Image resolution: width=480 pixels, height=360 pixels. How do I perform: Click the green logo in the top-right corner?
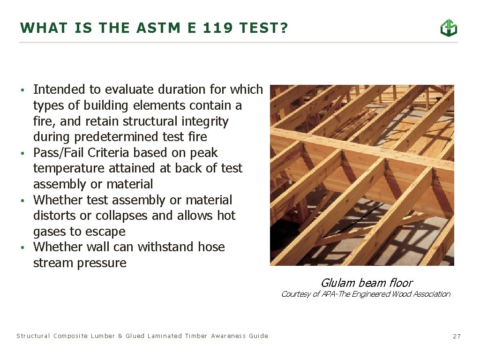click(449, 28)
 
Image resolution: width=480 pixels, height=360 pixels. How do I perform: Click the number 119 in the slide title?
click(218, 28)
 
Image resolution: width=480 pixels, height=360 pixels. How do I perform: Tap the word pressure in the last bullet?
click(103, 263)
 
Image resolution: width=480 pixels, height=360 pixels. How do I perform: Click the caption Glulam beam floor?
click(366, 283)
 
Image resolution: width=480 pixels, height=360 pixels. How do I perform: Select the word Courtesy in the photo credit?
click(296, 294)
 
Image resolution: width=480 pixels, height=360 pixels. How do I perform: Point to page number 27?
click(457, 336)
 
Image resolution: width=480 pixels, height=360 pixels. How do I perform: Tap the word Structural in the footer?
click(33, 336)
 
